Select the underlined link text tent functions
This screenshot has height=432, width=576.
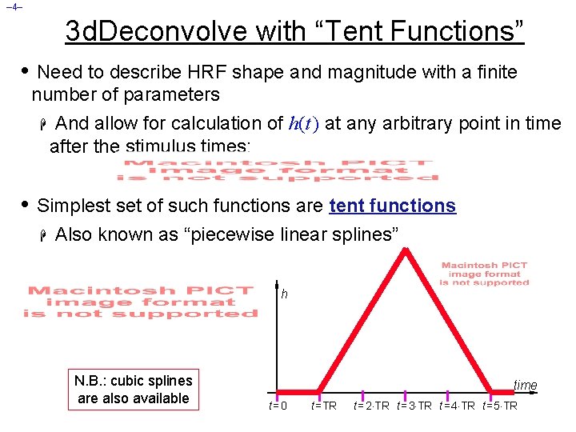click(x=392, y=206)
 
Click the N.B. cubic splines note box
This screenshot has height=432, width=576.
click(x=134, y=390)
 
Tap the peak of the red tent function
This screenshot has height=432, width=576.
click(x=406, y=250)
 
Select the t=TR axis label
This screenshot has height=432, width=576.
click(x=323, y=406)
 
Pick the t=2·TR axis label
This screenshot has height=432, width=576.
click(x=371, y=406)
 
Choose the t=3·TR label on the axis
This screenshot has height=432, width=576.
click(x=414, y=406)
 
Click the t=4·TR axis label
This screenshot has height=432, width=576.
click(x=458, y=406)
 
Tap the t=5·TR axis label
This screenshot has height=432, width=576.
click(x=500, y=406)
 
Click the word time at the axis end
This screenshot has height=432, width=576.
click(x=525, y=386)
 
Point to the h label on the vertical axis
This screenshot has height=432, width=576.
click(x=284, y=294)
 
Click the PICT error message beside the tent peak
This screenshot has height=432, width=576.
click(x=485, y=274)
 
